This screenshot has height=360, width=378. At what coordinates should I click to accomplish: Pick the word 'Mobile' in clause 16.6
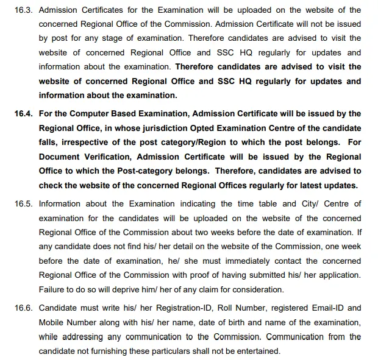pos(54,322)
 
